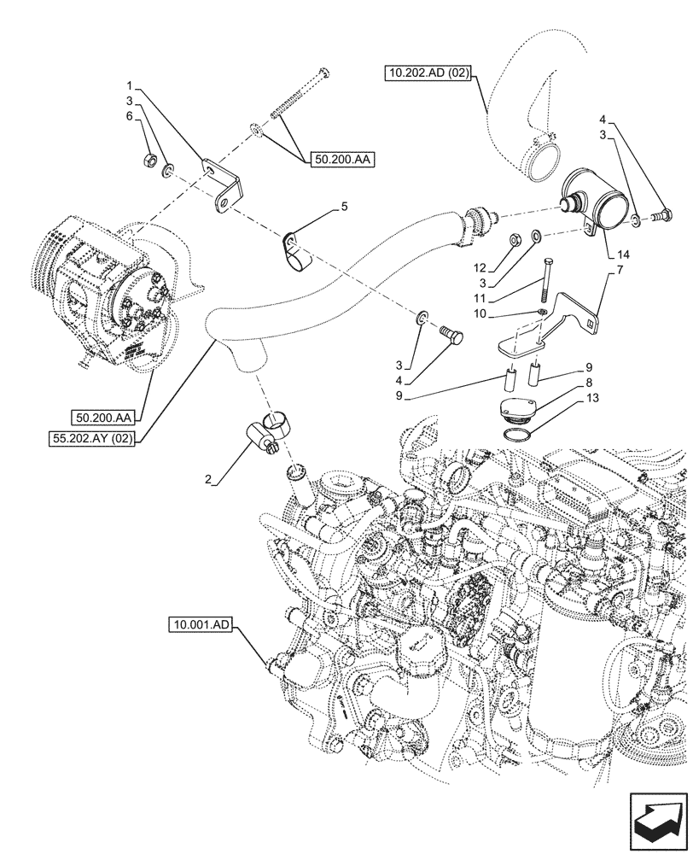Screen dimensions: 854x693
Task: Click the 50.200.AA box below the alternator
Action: (x=103, y=418)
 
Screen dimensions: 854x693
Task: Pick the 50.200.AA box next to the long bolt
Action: (x=343, y=159)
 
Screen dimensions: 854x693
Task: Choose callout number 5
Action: (x=344, y=207)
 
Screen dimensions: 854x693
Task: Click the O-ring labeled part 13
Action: (x=516, y=436)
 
